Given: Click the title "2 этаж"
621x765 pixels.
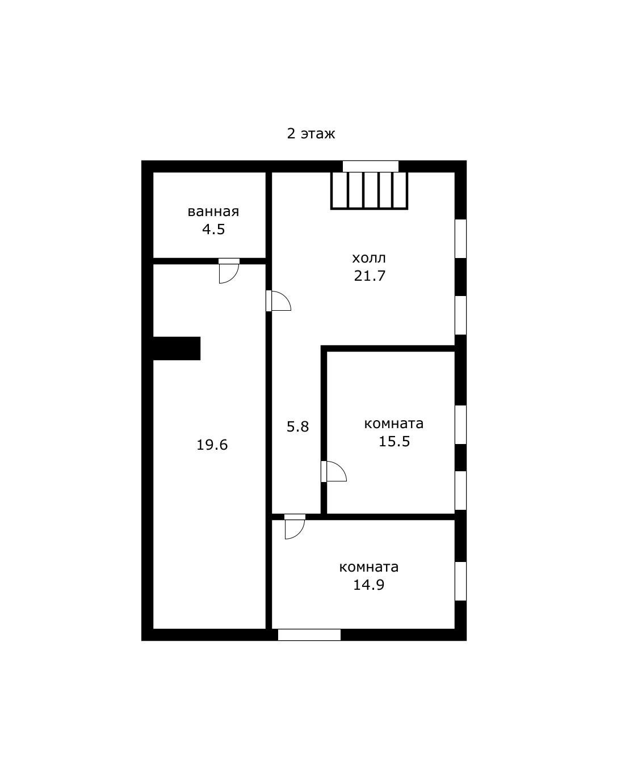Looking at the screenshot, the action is [311, 134].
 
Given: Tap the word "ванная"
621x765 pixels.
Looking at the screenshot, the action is [213, 212].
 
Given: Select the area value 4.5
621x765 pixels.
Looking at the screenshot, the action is [213, 229].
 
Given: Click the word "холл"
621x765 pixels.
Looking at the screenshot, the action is [369, 258].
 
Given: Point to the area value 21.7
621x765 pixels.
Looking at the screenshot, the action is [370, 276].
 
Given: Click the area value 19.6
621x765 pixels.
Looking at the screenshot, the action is [212, 445].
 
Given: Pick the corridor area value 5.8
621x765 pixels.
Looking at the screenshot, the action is [297, 426].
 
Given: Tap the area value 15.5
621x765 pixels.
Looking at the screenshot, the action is [395, 441].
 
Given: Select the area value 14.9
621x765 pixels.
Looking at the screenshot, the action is [369, 585].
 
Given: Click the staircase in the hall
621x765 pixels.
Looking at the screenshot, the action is [369, 190].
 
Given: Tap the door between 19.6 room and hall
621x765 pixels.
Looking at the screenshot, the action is [279, 301].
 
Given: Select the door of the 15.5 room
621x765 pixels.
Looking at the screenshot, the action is [334, 471].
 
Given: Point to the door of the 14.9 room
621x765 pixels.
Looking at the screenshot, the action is [295, 526].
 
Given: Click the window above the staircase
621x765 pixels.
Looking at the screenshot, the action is [371, 166].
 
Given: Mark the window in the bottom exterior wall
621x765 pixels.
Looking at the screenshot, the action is [309, 635].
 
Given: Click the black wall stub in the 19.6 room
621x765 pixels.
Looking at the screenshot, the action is [177, 348].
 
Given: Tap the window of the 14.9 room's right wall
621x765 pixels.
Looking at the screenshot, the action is [460, 581].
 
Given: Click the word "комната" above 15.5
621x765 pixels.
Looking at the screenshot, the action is [394, 424].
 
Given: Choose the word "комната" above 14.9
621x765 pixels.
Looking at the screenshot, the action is [369, 568].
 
